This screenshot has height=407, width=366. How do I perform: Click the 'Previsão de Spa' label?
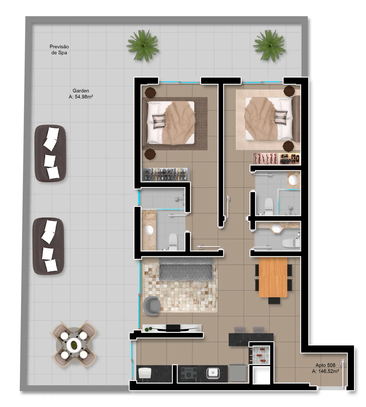(59, 50)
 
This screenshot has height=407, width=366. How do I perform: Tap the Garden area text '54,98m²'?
(83, 97)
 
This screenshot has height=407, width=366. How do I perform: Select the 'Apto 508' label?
(325, 365)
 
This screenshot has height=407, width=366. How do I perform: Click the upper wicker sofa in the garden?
(50, 153)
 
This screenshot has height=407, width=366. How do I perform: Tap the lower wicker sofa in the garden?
(49, 246)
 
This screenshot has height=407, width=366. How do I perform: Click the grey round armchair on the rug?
(152, 305)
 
